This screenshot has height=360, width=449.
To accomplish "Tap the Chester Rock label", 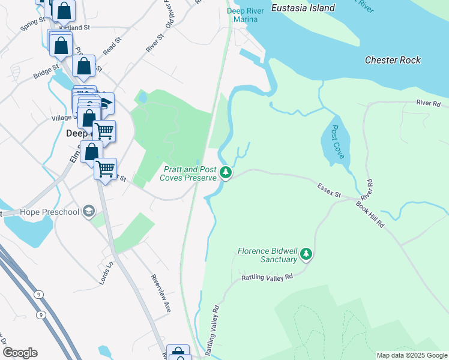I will [x=393, y=60].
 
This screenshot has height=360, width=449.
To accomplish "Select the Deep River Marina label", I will [x=246, y=14].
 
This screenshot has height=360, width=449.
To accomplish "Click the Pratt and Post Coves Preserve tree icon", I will [x=226, y=173].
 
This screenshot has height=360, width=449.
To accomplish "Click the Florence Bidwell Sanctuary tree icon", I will [x=306, y=254].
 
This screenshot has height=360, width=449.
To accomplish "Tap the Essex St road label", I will [x=328, y=190].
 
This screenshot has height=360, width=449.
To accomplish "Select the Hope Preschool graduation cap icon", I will [x=89, y=211].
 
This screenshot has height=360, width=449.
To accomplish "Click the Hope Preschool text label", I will [x=50, y=212].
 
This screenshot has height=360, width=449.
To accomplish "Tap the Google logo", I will [x=20, y=353].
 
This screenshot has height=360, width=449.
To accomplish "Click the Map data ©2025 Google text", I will [x=412, y=355].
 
